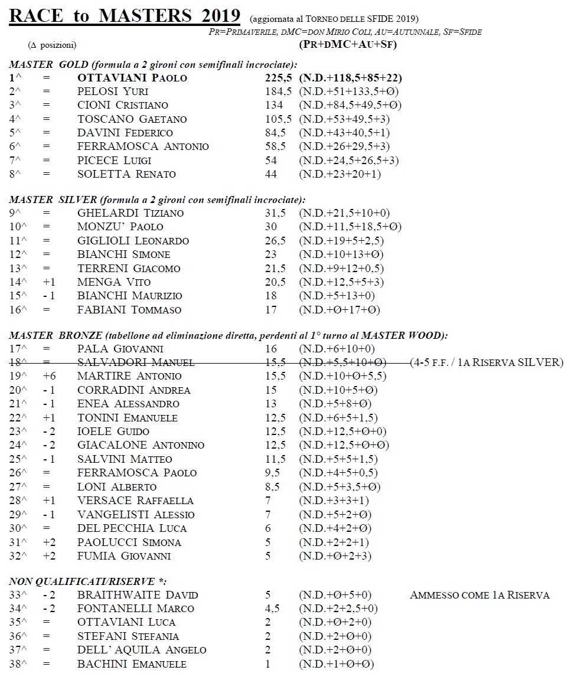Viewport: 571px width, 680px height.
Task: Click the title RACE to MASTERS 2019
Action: coord(125,16)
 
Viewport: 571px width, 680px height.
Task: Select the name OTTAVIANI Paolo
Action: coord(132,78)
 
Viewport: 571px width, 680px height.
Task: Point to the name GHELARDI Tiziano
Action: coord(130,213)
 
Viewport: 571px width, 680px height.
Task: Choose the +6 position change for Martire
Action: coord(49,376)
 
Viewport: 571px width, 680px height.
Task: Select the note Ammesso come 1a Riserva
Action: coord(479,595)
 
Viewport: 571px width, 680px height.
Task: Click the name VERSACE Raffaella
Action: coord(135,501)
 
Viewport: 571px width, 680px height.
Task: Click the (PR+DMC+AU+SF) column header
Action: coord(348,45)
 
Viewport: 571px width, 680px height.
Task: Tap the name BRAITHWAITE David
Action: coord(138,595)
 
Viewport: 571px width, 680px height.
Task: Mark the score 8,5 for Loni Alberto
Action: coord(273,487)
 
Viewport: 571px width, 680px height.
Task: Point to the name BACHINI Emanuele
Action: coord(132,664)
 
